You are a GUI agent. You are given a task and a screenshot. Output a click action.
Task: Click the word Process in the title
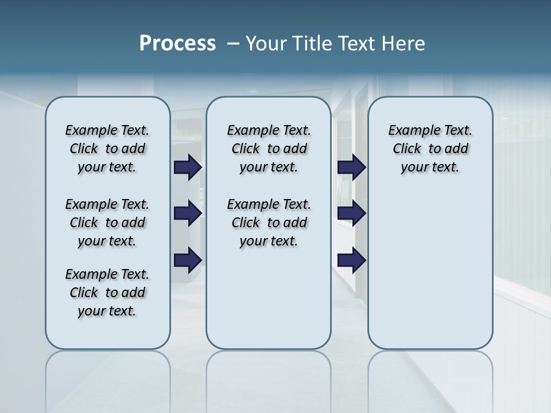point(177,44)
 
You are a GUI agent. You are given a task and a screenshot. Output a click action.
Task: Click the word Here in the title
point(403,44)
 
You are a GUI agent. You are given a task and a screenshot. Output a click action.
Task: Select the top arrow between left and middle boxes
point(188,167)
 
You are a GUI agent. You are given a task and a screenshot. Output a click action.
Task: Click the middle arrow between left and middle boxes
point(188,213)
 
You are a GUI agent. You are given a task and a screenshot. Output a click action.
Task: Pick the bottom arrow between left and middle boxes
point(188,260)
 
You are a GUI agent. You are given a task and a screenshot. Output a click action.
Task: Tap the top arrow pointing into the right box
point(352,167)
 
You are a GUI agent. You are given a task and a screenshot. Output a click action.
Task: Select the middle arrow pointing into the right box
point(352,213)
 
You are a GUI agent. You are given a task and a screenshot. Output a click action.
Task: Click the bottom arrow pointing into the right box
point(352,260)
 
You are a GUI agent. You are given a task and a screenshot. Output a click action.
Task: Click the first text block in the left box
point(107,149)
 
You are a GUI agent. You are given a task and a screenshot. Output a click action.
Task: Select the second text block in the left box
point(107,223)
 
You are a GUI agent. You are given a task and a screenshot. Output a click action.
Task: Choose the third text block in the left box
point(107,293)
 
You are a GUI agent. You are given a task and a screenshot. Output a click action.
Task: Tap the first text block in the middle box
point(269,149)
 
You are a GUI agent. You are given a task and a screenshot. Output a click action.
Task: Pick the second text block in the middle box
point(269,223)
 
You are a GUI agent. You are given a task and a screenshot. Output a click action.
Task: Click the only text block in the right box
point(430,149)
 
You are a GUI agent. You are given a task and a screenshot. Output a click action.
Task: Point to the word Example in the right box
point(410,131)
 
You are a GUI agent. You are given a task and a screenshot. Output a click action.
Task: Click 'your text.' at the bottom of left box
point(107,311)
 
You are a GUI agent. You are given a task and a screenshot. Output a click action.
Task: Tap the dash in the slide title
point(233,44)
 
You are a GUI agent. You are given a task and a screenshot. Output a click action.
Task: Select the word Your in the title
point(266,44)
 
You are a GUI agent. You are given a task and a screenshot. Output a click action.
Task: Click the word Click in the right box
point(407,149)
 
